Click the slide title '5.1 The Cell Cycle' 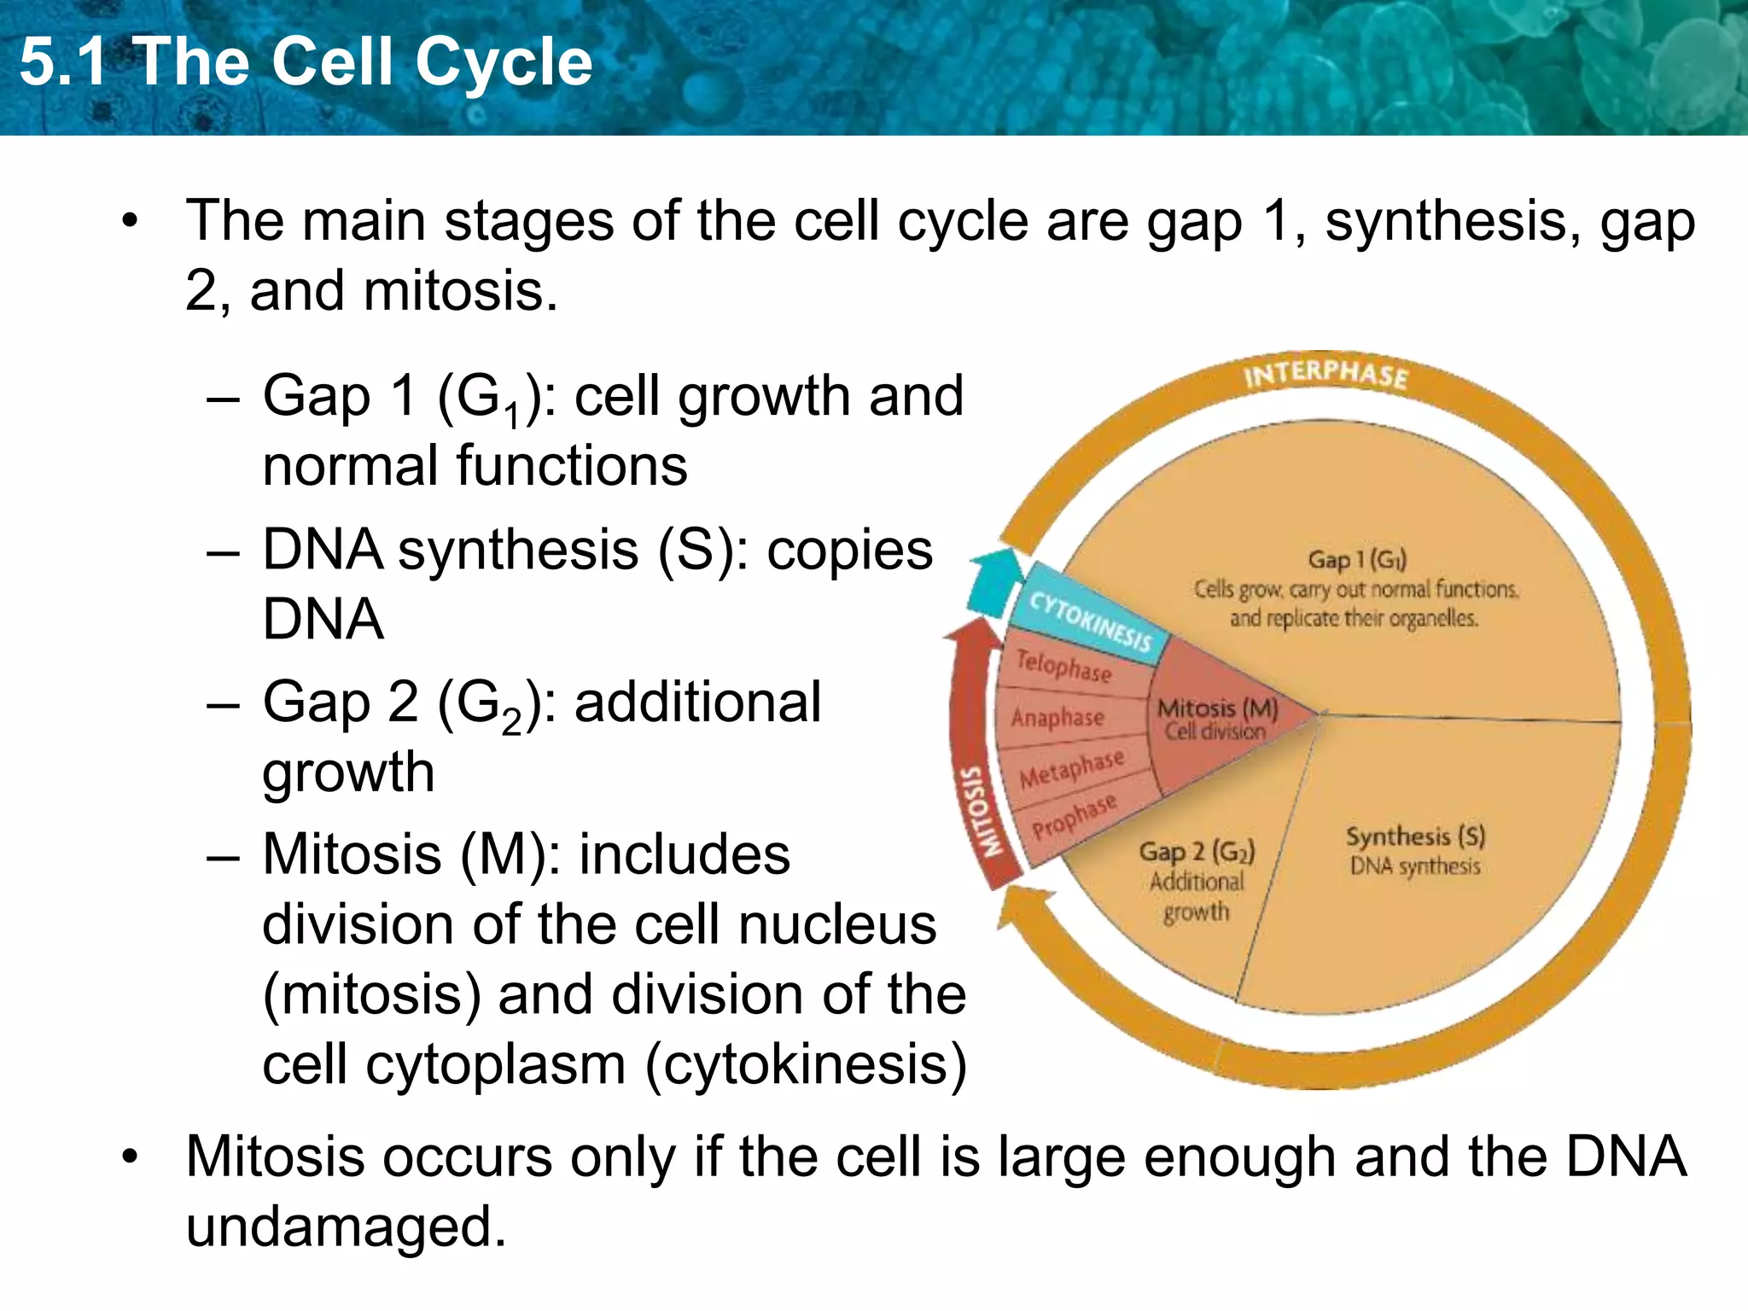(x=306, y=62)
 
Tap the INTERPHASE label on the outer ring (x=1325, y=374)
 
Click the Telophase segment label (x=1063, y=666)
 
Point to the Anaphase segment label (x=1058, y=717)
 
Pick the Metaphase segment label (x=1072, y=767)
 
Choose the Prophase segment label (x=1074, y=817)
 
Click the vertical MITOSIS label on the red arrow (x=978, y=811)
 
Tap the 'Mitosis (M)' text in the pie (x=1217, y=708)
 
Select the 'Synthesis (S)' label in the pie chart (x=1415, y=836)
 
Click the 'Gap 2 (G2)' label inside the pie (x=1197, y=851)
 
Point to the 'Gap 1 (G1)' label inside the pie (x=1356, y=560)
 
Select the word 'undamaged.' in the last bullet (x=347, y=1227)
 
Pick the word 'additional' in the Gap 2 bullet (x=697, y=702)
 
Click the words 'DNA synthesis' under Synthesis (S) (x=1414, y=866)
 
